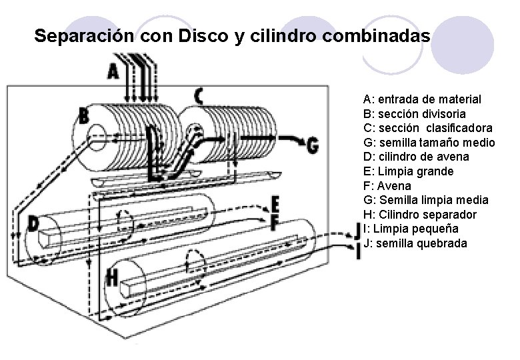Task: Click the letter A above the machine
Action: tap(113, 70)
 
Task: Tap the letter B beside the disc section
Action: tap(84, 116)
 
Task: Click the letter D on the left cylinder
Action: tap(33, 224)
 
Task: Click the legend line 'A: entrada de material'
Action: tap(422, 99)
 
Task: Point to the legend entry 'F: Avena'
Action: tap(388, 186)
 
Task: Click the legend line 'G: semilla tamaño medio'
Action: tap(429, 142)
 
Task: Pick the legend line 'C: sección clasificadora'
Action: tap(428, 127)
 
